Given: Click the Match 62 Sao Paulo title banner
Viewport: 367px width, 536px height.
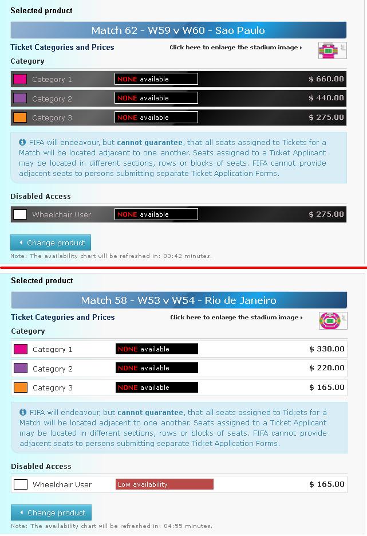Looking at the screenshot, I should [x=178, y=30].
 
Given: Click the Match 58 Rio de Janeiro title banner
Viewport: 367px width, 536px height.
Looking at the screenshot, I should [x=179, y=300].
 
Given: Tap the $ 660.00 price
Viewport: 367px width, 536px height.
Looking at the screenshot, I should [x=326, y=79].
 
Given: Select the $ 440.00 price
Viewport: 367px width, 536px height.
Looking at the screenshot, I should [x=326, y=98].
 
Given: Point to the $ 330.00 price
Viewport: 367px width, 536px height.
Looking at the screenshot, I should [x=327, y=349].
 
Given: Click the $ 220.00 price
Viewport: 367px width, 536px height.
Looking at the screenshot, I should [x=327, y=368].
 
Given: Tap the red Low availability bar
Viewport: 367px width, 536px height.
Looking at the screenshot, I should [x=164, y=484].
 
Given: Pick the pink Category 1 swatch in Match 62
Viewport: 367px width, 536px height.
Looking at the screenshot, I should [x=20, y=79].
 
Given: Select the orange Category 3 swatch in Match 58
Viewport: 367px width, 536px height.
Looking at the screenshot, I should [x=21, y=388].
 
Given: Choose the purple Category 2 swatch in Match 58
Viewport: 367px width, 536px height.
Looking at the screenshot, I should [x=21, y=368].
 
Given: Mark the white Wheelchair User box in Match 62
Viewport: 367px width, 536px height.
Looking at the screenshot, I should [x=20, y=214].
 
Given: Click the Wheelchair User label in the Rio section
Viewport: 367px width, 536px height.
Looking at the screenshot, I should [x=62, y=484].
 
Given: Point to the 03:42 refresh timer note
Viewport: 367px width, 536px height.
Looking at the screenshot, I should [x=111, y=256].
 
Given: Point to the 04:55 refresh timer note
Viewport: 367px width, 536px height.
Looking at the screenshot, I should [x=112, y=526].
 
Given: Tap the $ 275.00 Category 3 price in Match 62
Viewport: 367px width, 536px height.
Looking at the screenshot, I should [x=326, y=118].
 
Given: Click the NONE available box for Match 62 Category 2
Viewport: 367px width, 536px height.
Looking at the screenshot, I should [x=156, y=98].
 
